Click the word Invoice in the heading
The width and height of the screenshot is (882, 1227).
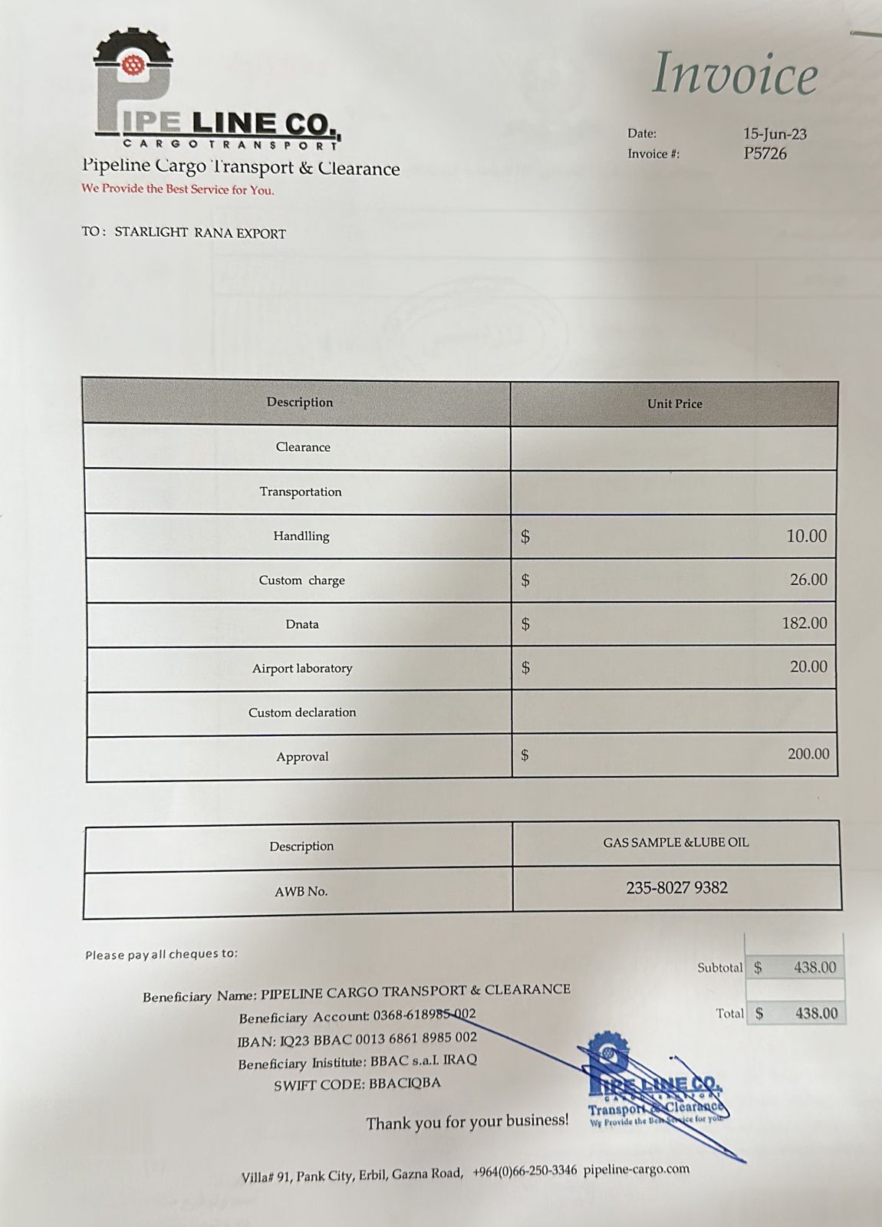[735, 74]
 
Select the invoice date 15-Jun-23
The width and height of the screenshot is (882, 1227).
[775, 133]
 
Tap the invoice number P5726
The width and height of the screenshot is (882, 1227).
[765, 153]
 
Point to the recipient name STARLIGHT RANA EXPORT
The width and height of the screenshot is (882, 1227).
[200, 233]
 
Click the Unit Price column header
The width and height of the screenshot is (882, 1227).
[674, 403]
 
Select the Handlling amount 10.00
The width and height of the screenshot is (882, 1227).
[806, 536]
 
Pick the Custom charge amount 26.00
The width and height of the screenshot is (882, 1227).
[808, 580]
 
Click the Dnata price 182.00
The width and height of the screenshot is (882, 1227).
[804, 623]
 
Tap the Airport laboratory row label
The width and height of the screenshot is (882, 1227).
[302, 668]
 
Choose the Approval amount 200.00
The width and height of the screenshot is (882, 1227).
[808, 754]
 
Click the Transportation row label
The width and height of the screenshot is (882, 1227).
[301, 492]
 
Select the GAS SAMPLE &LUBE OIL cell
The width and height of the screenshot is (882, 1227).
[676, 842]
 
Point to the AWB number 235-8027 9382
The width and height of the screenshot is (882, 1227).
[676, 887]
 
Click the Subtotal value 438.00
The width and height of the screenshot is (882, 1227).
[815, 968]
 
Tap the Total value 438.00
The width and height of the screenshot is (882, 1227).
[816, 1013]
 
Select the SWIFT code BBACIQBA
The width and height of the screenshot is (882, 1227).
[404, 1084]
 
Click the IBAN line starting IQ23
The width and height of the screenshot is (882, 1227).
[357, 1039]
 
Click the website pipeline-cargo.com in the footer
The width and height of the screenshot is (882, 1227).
[636, 1169]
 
